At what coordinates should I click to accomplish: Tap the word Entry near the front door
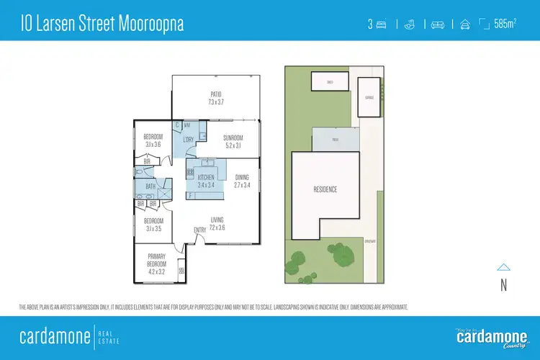(x=199, y=230)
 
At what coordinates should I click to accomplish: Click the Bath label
(x=150, y=186)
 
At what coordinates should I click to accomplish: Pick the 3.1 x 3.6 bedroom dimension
(x=153, y=144)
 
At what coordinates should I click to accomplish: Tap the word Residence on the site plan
(x=325, y=189)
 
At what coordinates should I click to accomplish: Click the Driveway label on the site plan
(x=370, y=241)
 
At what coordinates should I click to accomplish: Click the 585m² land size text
(x=505, y=24)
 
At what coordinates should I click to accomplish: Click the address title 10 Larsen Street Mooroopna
(x=101, y=24)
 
